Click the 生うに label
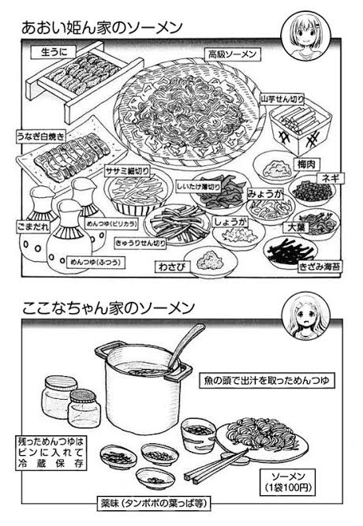[x=54, y=52]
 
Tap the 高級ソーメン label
[x=233, y=54]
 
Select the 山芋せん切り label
[x=282, y=99]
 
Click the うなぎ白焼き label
[x=40, y=137]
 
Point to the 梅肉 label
[x=306, y=164]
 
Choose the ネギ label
[x=331, y=178]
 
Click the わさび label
[x=171, y=267]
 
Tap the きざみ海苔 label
[x=320, y=267]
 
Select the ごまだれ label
[x=33, y=227]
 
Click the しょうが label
[x=230, y=222]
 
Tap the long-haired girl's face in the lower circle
[x=305, y=316]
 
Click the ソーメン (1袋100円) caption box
[x=288, y=482]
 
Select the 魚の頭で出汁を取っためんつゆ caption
[x=267, y=380]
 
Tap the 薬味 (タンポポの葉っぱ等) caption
[x=154, y=503]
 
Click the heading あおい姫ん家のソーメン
[x=102, y=28]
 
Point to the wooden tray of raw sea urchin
[x=84, y=80]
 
